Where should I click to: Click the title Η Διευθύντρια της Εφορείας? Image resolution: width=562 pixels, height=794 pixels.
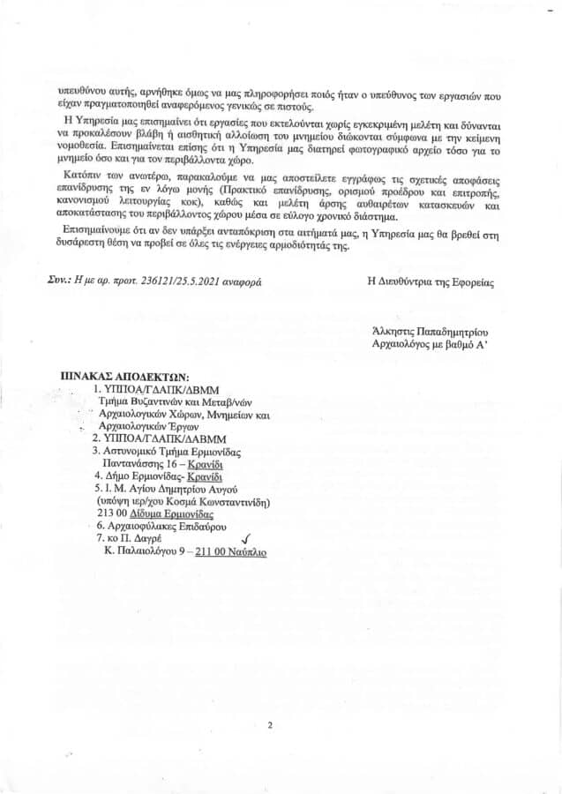click(x=431, y=282)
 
